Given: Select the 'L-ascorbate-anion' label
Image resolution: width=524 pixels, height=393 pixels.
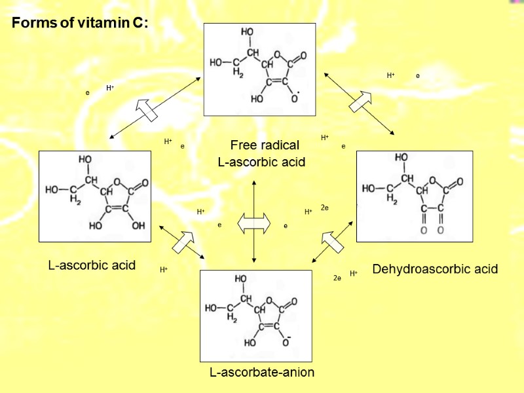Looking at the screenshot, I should click(x=262, y=373).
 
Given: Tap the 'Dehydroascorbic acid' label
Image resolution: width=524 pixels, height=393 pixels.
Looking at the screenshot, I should click(x=435, y=269).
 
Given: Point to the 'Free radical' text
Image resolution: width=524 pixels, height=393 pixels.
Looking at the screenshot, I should click(x=265, y=145).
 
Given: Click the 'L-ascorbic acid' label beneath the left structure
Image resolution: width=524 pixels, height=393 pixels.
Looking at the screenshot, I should click(x=92, y=265).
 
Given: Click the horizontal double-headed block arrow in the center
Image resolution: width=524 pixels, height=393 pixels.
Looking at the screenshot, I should click(x=253, y=223).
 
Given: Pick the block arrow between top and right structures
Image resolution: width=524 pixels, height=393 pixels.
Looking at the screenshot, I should click(x=360, y=100).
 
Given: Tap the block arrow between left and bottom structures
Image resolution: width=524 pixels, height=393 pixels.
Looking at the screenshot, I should click(x=183, y=242).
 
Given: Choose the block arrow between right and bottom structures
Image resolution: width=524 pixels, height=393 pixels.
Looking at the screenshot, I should click(x=332, y=242).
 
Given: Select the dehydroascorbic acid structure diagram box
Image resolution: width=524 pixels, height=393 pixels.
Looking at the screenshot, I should click(x=414, y=196).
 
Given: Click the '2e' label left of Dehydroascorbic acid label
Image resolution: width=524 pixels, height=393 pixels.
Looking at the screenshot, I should click(x=337, y=278).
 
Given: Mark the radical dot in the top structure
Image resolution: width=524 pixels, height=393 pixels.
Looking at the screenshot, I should click(x=298, y=92).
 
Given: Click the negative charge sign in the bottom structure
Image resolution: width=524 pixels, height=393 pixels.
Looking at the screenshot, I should click(x=289, y=337).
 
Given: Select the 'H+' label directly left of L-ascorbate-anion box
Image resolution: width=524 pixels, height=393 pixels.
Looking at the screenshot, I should click(x=164, y=270).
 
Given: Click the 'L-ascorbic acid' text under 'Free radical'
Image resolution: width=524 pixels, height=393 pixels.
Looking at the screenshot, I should click(x=261, y=162).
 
